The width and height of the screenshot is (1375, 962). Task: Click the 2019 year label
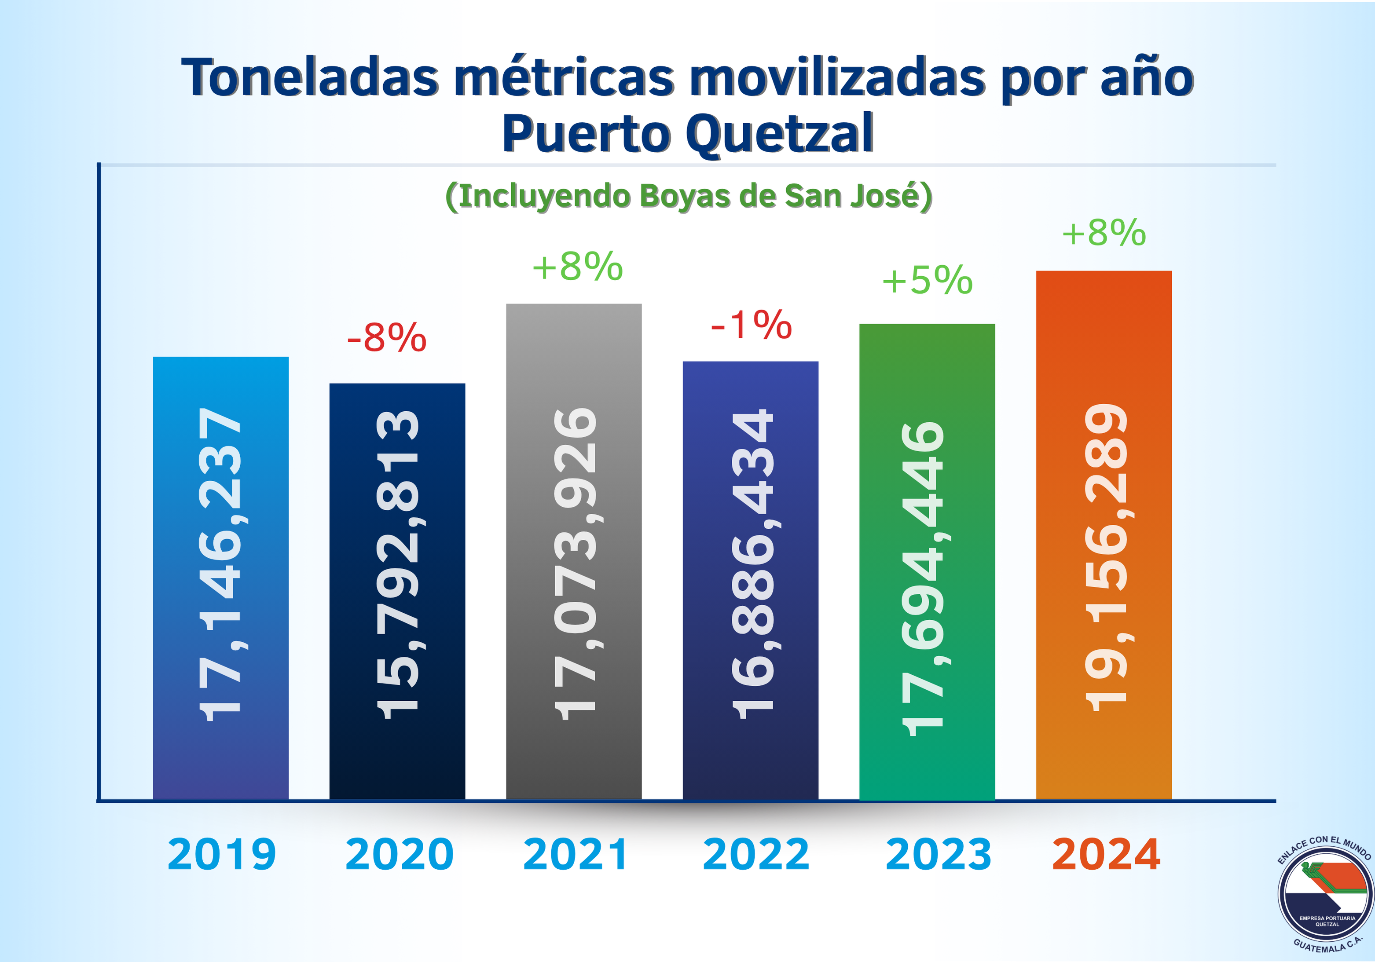click(222, 854)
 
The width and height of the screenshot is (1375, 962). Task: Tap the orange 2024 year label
click(1106, 854)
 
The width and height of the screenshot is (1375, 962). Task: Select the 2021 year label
click(575, 854)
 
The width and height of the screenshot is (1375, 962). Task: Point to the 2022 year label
click(756, 854)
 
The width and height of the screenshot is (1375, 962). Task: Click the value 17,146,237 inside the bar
click(220, 564)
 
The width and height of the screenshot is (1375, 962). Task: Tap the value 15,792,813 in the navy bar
click(398, 564)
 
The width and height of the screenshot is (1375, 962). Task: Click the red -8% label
click(387, 338)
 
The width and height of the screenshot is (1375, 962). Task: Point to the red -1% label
click(751, 325)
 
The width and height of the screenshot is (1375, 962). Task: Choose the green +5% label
click(927, 280)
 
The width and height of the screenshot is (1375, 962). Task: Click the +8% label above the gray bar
click(577, 267)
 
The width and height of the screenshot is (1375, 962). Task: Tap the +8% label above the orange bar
click(1104, 232)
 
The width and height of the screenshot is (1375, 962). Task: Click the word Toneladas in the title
click(310, 78)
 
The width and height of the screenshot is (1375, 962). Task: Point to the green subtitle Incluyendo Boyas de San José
click(689, 196)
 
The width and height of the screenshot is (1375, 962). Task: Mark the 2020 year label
click(400, 854)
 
